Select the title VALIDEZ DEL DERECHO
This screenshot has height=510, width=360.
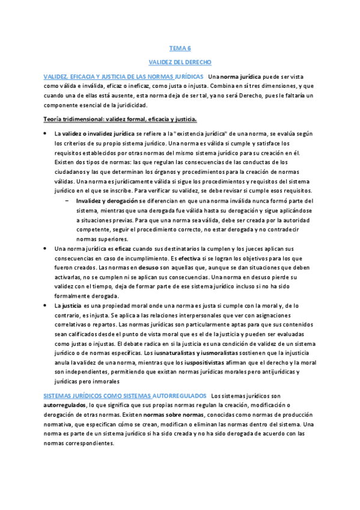[x=179, y=62]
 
